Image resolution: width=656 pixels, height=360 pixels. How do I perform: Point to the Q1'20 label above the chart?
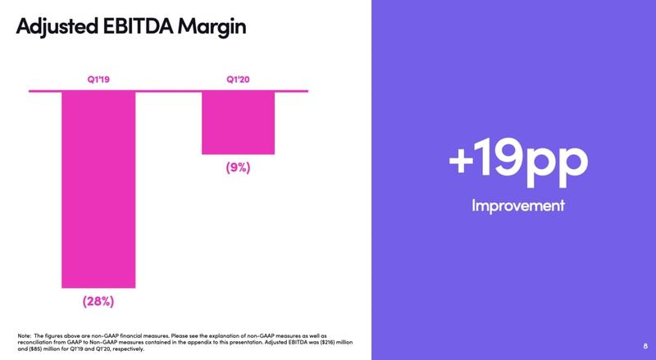(x=238, y=80)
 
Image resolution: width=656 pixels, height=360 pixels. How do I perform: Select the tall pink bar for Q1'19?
(x=98, y=189)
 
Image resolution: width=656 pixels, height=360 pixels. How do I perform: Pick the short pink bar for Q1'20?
(x=239, y=122)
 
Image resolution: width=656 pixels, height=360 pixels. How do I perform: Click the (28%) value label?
(x=98, y=302)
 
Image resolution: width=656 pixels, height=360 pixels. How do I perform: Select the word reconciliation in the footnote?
(x=37, y=343)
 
